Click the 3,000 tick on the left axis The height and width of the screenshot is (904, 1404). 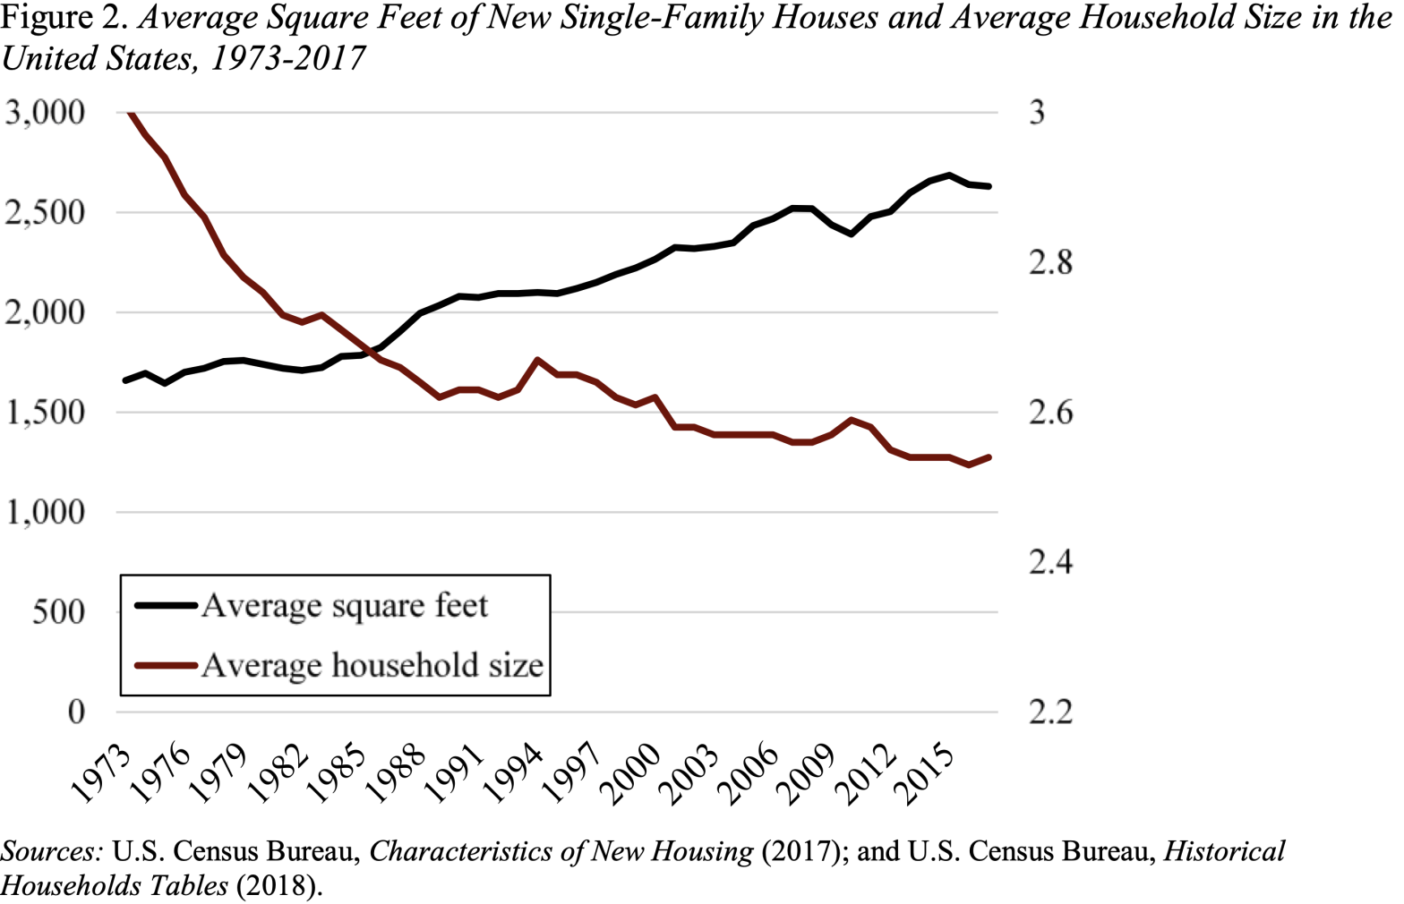pyautogui.click(x=45, y=113)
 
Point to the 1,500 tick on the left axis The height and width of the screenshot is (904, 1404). pyautogui.click(x=45, y=413)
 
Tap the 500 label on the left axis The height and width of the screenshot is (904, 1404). pyautogui.click(x=58, y=612)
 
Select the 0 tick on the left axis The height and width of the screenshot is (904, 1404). pyautogui.click(x=76, y=712)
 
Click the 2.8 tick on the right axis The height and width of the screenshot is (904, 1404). pyautogui.click(x=1050, y=263)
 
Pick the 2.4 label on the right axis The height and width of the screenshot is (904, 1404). pyautogui.click(x=1050, y=562)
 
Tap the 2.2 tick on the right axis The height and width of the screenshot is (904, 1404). pyautogui.click(x=1050, y=712)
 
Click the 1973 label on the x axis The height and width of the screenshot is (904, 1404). pyautogui.click(x=100, y=775)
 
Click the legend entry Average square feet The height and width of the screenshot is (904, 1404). pyautogui.click(x=345, y=606)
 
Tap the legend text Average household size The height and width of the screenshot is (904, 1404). pyautogui.click(x=372, y=665)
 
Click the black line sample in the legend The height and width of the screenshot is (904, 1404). pyautogui.click(x=166, y=606)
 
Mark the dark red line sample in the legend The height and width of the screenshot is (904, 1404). pyautogui.click(x=166, y=665)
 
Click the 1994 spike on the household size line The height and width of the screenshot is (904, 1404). pyautogui.click(x=537, y=360)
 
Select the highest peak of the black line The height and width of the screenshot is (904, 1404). pyautogui.click(x=949, y=175)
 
